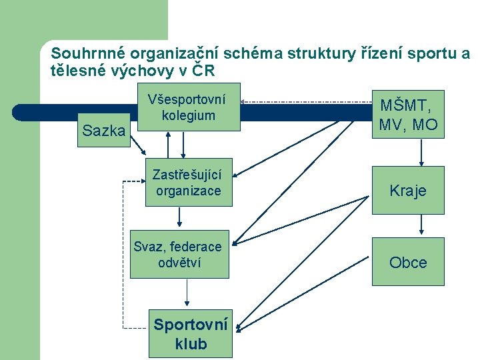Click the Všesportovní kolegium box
coord(187,107)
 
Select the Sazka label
coord(103,131)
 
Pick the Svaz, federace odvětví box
coord(178,255)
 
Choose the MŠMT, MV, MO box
coord(408,115)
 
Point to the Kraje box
coord(408,191)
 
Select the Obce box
coord(408,262)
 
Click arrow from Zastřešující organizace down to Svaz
coord(179,217)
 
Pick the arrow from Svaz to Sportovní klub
coord(187,293)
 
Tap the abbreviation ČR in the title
coord(204,70)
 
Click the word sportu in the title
coord(433,52)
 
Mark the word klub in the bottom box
coord(191,344)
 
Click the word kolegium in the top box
coord(188,115)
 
